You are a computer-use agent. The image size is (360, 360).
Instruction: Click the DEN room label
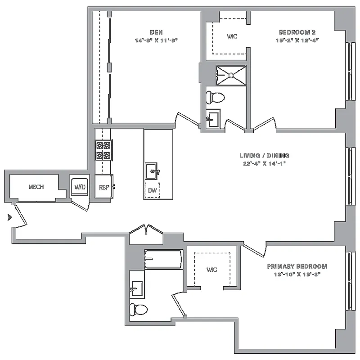pyautogui.click(x=156, y=32)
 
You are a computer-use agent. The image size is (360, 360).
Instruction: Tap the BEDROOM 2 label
pyautogui.click(x=294, y=32)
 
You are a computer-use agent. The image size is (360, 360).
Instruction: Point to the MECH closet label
pyautogui.click(x=36, y=187)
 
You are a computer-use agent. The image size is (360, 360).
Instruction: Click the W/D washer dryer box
pyautogui.click(x=80, y=187)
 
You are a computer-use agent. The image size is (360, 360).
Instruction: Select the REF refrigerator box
pyautogui.click(x=103, y=187)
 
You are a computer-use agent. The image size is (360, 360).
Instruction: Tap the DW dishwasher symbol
pyautogui.click(x=153, y=190)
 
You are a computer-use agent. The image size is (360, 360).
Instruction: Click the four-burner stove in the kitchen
pyautogui.click(x=103, y=150)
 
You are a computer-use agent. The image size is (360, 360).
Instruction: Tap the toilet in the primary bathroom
pyautogui.click(x=139, y=310)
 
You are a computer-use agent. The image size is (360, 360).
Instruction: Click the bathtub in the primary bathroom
pyautogui.click(x=163, y=259)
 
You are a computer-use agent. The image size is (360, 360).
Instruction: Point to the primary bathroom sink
pyautogui.click(x=137, y=287)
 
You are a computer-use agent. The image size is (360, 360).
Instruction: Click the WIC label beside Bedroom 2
pyautogui.click(x=232, y=36)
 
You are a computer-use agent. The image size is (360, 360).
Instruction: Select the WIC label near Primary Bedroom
pyautogui.click(x=211, y=270)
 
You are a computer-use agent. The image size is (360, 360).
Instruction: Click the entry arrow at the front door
pyautogui.click(x=9, y=217)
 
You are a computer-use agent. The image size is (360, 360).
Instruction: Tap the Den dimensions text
pyautogui.click(x=156, y=40)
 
